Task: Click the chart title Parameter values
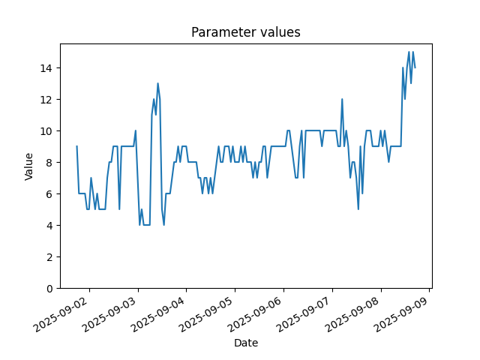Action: pyautogui.click(x=246, y=32)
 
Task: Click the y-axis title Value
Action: pyautogui.click(x=28, y=166)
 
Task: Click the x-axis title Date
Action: pyautogui.click(x=246, y=343)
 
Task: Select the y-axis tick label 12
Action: pyautogui.click(x=46, y=100)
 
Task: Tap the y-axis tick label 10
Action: pyautogui.click(x=46, y=131)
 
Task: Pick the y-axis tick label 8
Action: pyautogui.click(x=49, y=163)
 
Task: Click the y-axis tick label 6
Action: pyautogui.click(x=49, y=194)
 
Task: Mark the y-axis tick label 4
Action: pyautogui.click(x=49, y=226)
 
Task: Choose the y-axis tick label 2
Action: pyautogui.click(x=49, y=257)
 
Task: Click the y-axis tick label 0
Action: pyautogui.click(x=49, y=289)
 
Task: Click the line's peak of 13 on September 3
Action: pyautogui.click(x=157, y=83)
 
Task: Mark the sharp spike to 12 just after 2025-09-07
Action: pyautogui.click(x=342, y=99)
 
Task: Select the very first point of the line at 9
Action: pyautogui.click(x=76, y=146)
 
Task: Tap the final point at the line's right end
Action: pyautogui.click(x=415, y=68)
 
